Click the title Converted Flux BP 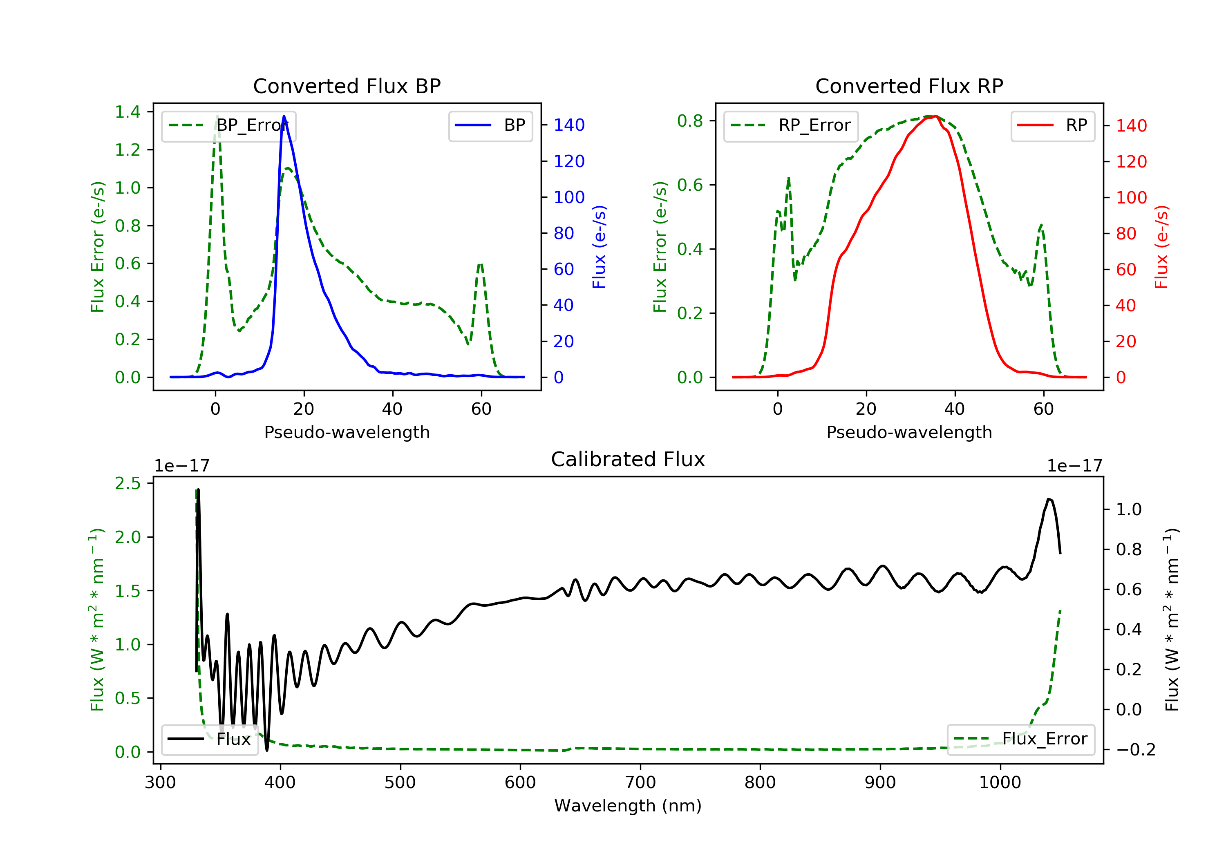pos(347,86)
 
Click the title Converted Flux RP pos(909,86)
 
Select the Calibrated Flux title pos(628,459)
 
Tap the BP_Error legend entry pos(228,125)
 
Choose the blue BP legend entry pos(490,125)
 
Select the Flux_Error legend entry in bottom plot pos(1020,739)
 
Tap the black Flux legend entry pos(209,739)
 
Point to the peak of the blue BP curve pos(284,116)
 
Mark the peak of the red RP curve pos(935,116)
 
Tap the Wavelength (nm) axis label pos(628,806)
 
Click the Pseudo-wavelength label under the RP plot pos(909,432)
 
